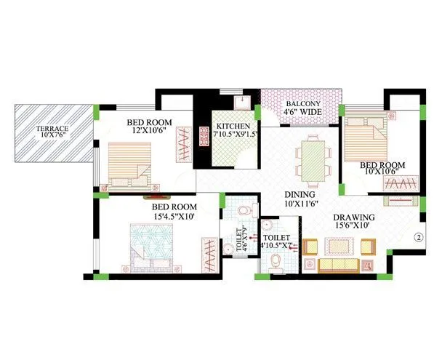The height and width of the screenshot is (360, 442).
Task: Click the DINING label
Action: tap(299, 195)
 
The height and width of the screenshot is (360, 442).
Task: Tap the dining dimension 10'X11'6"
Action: tap(299, 204)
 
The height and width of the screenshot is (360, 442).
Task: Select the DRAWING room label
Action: tap(354, 217)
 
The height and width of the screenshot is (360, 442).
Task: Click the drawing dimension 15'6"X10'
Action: tap(354, 227)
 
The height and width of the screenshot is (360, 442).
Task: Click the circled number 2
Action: tap(419, 236)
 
